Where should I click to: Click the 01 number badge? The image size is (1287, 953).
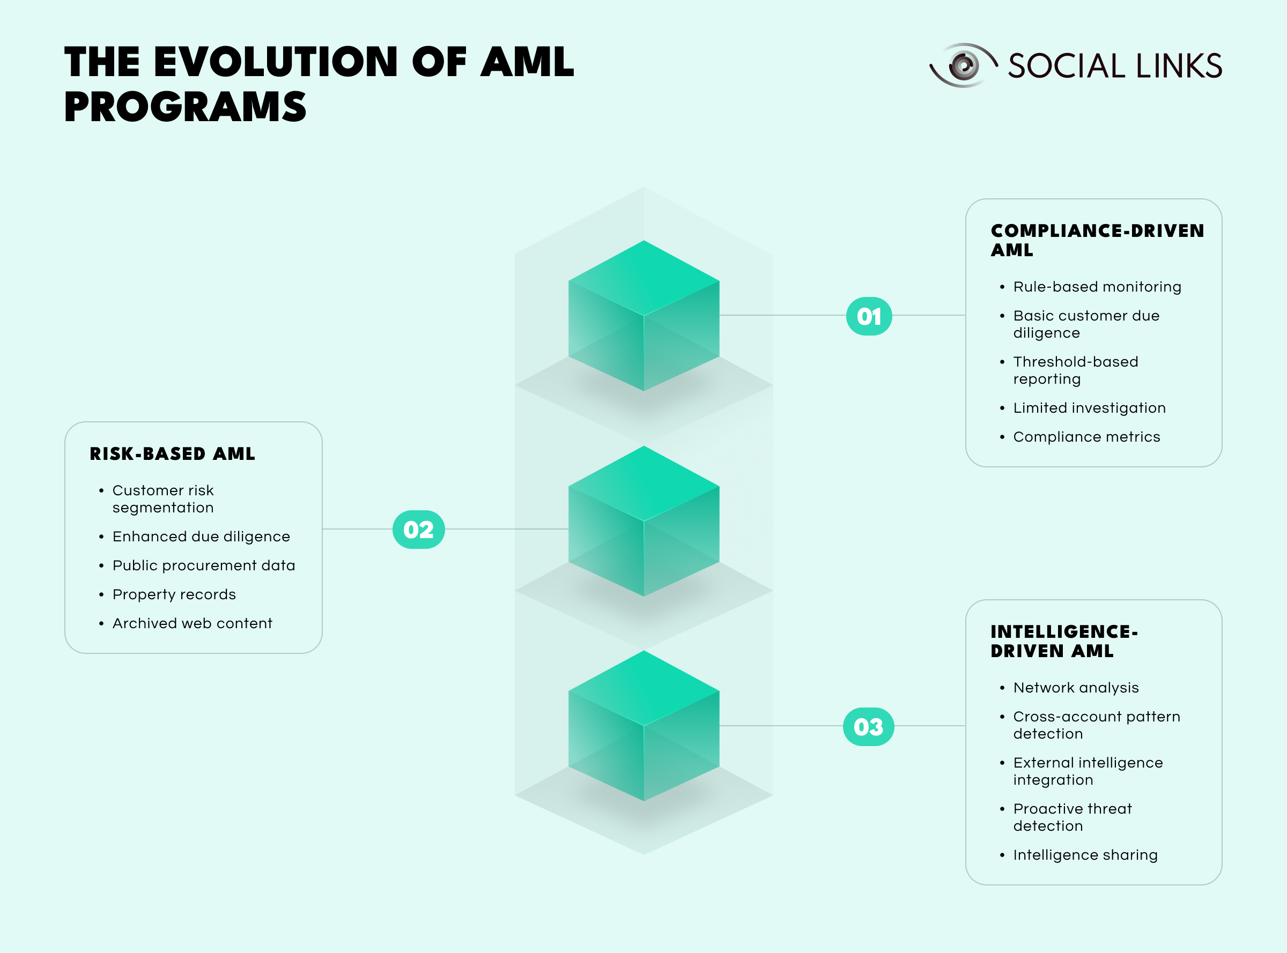point(869,316)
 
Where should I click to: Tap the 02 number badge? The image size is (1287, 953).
point(418,530)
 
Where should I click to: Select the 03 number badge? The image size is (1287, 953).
point(869,727)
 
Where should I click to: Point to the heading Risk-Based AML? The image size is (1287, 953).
point(172,454)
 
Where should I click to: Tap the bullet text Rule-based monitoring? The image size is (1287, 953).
point(1097,287)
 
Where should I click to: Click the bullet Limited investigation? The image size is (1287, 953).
point(1090,408)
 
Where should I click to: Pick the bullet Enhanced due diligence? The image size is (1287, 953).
point(202,537)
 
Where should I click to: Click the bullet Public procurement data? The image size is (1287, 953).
point(204,565)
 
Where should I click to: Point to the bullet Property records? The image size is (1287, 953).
point(174,594)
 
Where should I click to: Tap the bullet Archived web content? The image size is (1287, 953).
point(192,623)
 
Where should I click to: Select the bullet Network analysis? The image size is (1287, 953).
point(1076,688)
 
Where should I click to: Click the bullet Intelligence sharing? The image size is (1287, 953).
point(1085,855)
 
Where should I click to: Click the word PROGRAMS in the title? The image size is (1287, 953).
point(185,107)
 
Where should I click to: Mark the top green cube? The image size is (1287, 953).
point(644,316)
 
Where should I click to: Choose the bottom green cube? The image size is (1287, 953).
point(644,726)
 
